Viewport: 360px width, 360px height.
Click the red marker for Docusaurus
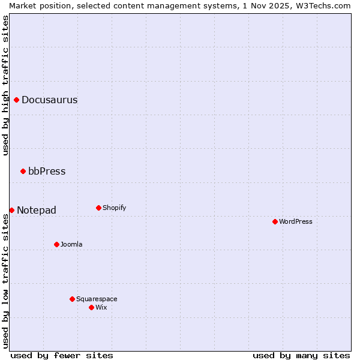[x=17, y=100]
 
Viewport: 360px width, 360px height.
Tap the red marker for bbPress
[x=23, y=171]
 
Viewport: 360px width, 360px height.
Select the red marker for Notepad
[x=11, y=210]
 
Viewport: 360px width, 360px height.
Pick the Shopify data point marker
[x=98, y=208]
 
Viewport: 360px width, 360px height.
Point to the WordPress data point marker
[x=275, y=221]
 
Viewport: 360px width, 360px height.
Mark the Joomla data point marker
[x=56, y=244]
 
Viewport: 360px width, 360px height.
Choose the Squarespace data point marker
[x=72, y=299]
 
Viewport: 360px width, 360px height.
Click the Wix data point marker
[x=91, y=307]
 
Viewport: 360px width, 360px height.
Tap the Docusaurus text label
[x=49, y=100]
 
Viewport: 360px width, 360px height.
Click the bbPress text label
[x=47, y=172]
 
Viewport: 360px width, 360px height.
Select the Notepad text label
[x=37, y=211]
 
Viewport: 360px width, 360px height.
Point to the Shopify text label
[x=115, y=208]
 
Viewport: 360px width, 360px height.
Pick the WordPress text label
[x=296, y=222]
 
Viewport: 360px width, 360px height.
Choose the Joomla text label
[x=71, y=245]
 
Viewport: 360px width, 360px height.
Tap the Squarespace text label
[x=97, y=299]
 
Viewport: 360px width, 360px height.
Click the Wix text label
[x=101, y=308]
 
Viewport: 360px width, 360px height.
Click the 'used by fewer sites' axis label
[x=62, y=355]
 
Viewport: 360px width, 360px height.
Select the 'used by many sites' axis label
[x=301, y=355]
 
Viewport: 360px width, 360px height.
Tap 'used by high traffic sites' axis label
[x=5, y=85]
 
